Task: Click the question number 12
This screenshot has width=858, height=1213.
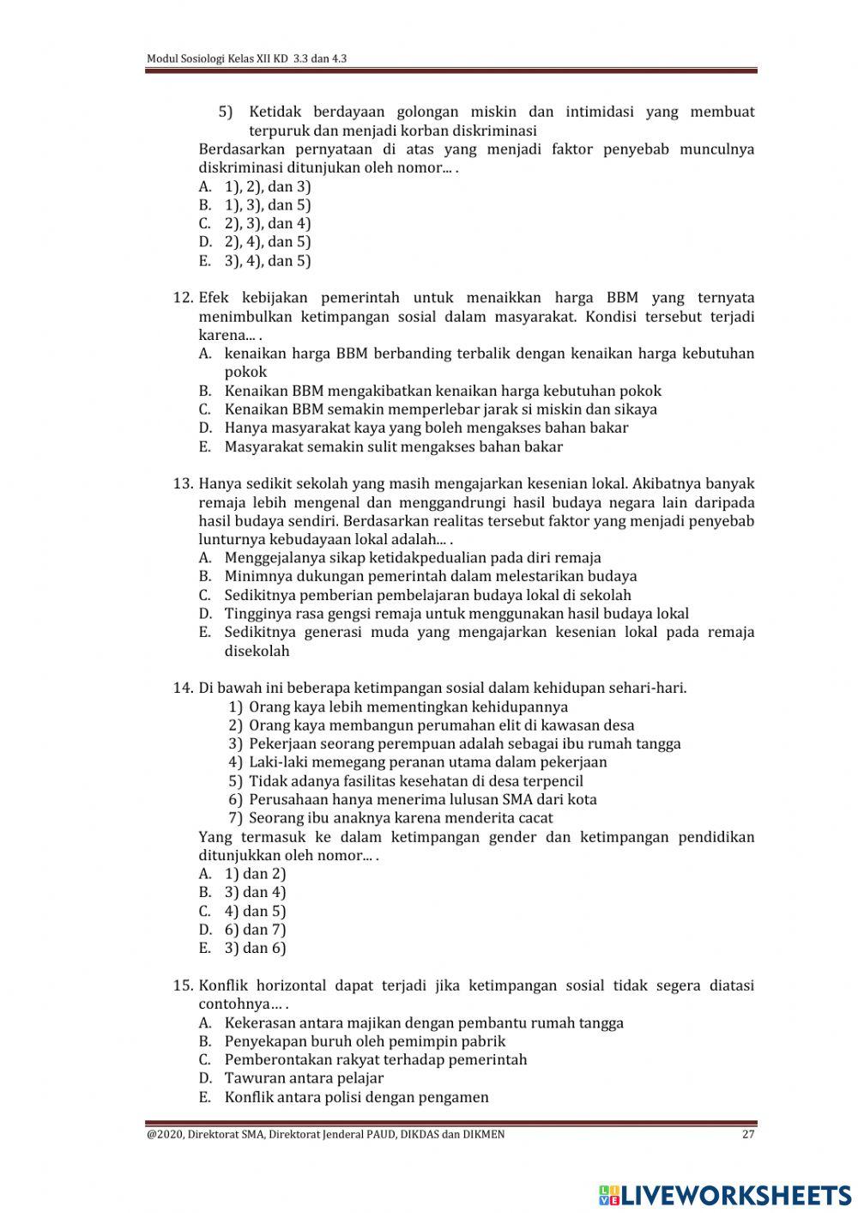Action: (183, 298)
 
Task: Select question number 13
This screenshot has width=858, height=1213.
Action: (183, 483)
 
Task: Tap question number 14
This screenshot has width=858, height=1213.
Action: (183, 688)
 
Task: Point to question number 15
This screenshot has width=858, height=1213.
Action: (183, 986)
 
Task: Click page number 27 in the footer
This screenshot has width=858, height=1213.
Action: (747, 1134)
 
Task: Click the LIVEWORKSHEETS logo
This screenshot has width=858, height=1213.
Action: (725, 1194)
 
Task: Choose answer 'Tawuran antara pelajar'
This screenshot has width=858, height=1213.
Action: (304, 1078)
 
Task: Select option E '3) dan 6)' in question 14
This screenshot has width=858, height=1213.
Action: (255, 948)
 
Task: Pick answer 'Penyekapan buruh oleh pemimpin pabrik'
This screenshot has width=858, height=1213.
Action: (365, 1041)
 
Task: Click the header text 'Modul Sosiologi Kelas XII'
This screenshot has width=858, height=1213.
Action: (218, 59)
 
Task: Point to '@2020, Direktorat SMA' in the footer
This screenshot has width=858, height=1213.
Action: (206, 1134)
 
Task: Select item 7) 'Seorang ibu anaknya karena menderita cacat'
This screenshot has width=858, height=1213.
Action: (401, 818)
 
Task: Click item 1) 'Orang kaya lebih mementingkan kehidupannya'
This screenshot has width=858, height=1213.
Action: (408, 707)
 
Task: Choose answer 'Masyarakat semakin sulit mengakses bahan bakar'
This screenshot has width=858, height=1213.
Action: (393, 446)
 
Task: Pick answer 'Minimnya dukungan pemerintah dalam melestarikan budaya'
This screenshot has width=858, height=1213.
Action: (430, 576)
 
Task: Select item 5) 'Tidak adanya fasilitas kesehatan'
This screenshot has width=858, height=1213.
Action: (415, 781)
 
